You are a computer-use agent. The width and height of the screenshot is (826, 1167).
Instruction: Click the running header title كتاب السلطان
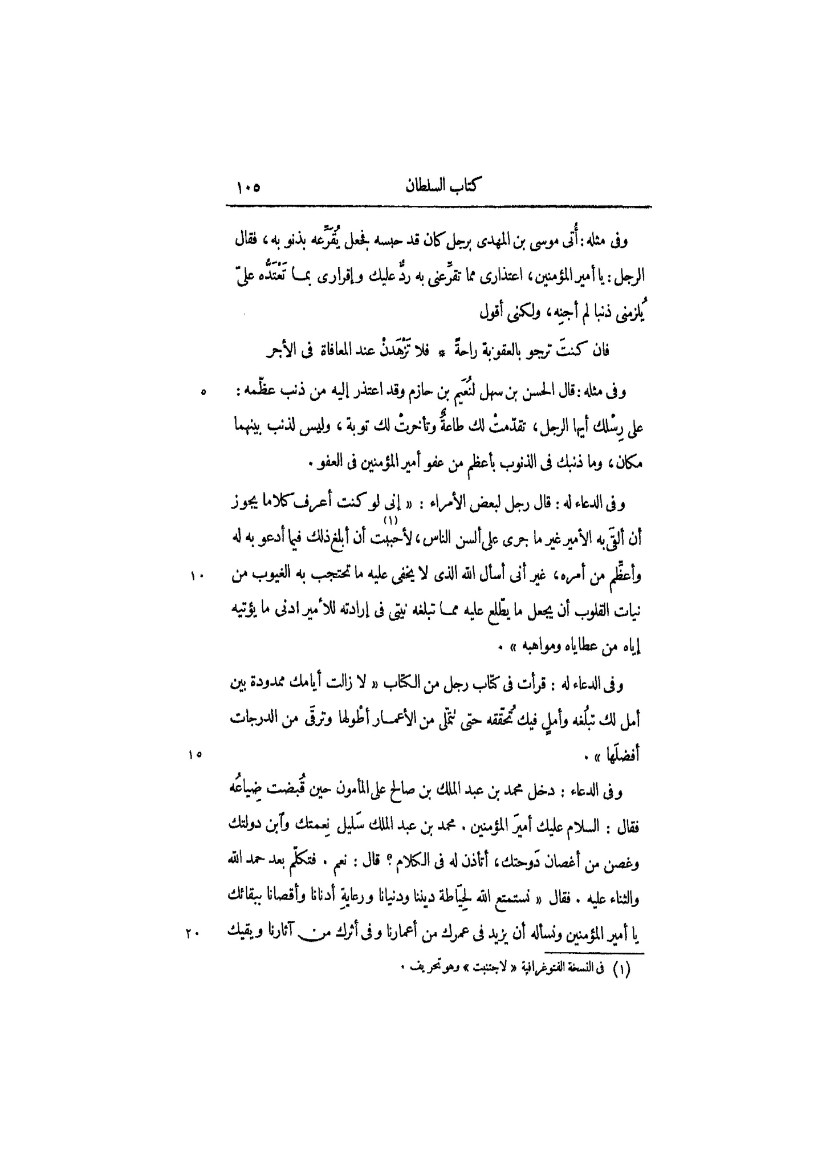point(441,186)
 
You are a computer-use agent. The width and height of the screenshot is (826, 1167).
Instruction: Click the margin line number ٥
point(202,393)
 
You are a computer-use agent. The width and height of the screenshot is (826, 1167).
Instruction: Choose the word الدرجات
point(251,719)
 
